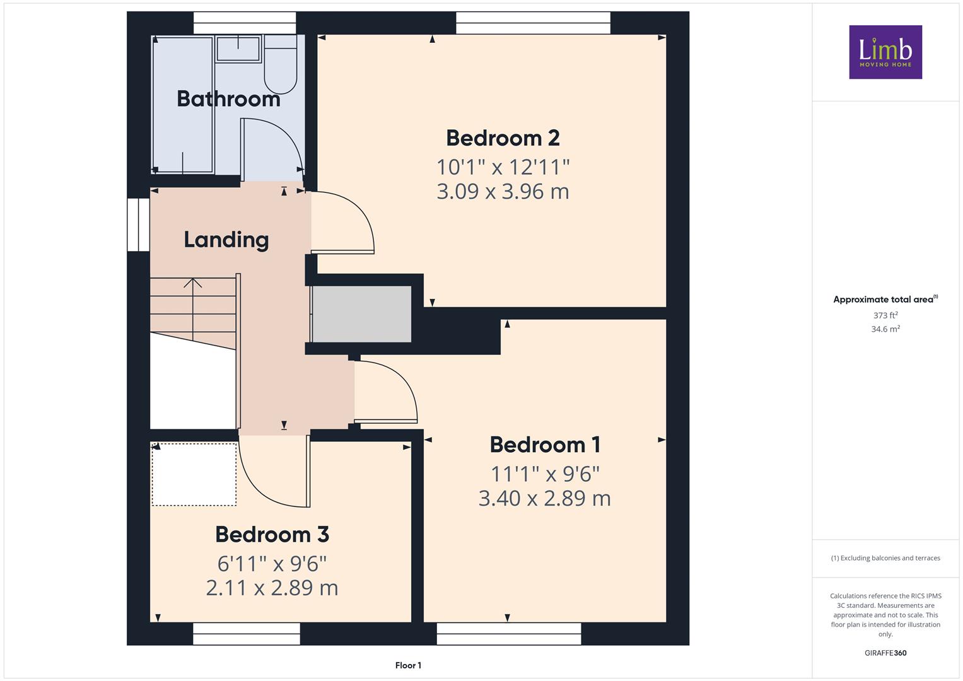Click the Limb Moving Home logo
(885, 52)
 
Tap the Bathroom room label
(228, 99)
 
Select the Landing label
(226, 240)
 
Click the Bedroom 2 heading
(503, 138)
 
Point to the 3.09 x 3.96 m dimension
(503, 191)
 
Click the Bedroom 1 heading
(545, 445)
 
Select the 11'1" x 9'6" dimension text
(545, 474)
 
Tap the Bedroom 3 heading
(272, 535)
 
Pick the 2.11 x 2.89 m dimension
(272, 588)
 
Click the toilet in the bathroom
(280, 64)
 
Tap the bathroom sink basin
(238, 49)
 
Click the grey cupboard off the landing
(361, 314)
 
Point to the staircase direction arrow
(193, 310)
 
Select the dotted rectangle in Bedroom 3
(194, 474)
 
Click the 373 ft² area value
(885, 315)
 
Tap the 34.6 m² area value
(885, 329)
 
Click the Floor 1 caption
(408, 665)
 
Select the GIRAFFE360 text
(885, 653)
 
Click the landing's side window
(139, 224)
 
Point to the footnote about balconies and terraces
(885, 558)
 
